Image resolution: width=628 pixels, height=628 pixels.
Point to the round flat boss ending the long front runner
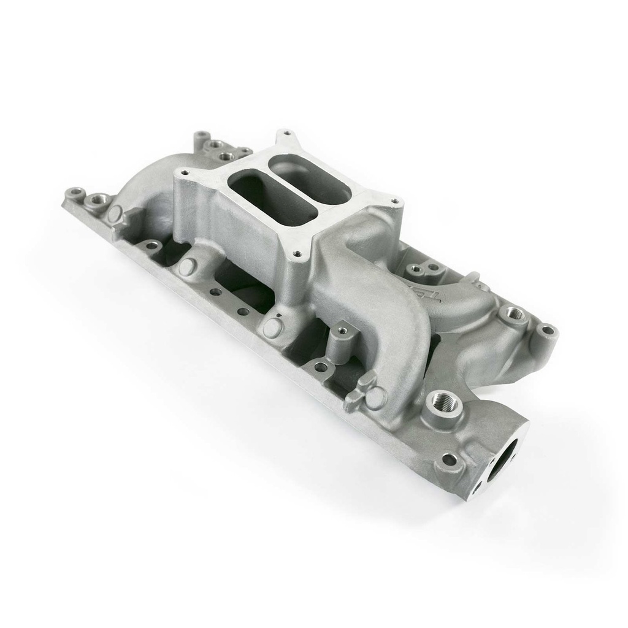pos(375,397)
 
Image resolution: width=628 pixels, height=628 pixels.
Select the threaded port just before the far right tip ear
pos(515,314)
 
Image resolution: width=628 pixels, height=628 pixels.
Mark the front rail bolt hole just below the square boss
pos(320,367)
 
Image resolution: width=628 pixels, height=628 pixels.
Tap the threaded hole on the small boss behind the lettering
pos(415,269)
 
